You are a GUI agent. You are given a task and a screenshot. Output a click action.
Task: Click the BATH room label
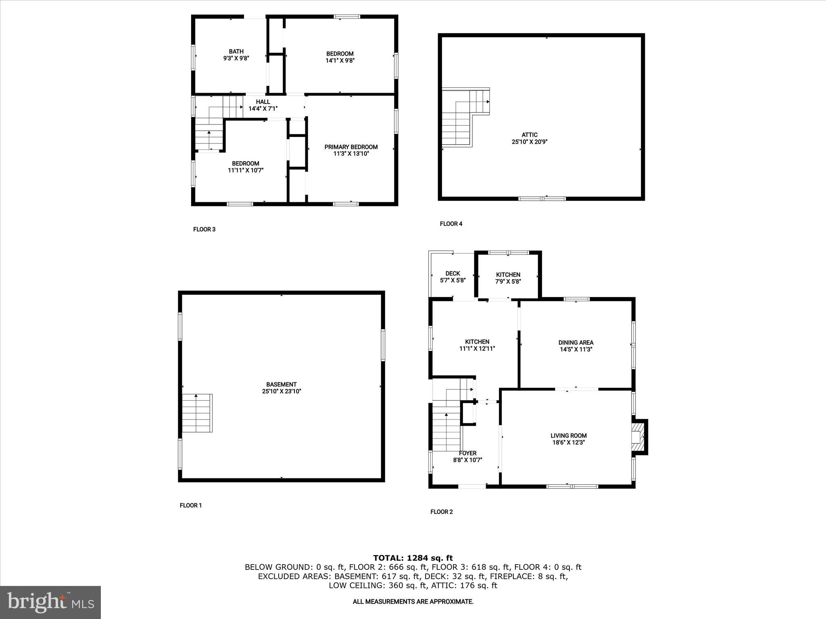236,52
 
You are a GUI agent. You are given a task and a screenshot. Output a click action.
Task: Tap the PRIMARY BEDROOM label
351,147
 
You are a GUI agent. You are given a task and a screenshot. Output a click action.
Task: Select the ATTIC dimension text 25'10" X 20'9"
530,142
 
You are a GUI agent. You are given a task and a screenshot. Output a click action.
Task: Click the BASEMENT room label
282,384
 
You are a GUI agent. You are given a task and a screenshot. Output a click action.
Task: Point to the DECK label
453,274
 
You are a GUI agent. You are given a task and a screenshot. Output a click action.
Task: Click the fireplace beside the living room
638,437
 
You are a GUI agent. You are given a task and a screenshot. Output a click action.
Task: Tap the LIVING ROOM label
568,436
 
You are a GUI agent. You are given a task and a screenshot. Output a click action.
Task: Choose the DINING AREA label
576,343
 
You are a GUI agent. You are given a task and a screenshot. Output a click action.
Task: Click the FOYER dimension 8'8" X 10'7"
468,460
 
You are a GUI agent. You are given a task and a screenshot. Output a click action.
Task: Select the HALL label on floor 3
263,102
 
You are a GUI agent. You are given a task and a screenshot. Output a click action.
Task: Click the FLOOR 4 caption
451,224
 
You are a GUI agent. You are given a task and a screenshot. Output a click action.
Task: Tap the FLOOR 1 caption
191,505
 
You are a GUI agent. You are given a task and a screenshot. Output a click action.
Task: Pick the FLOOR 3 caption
204,229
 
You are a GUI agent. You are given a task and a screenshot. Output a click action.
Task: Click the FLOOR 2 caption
442,512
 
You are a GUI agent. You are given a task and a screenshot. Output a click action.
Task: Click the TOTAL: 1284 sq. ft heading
413,558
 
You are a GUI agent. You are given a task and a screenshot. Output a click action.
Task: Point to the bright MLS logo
50,602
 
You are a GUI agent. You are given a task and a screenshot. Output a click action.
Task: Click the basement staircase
197,413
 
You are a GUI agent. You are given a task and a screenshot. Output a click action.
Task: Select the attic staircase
464,117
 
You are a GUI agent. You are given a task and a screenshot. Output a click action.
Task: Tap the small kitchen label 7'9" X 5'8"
508,282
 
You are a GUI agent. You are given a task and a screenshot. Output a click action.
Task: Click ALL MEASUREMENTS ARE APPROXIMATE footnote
413,602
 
